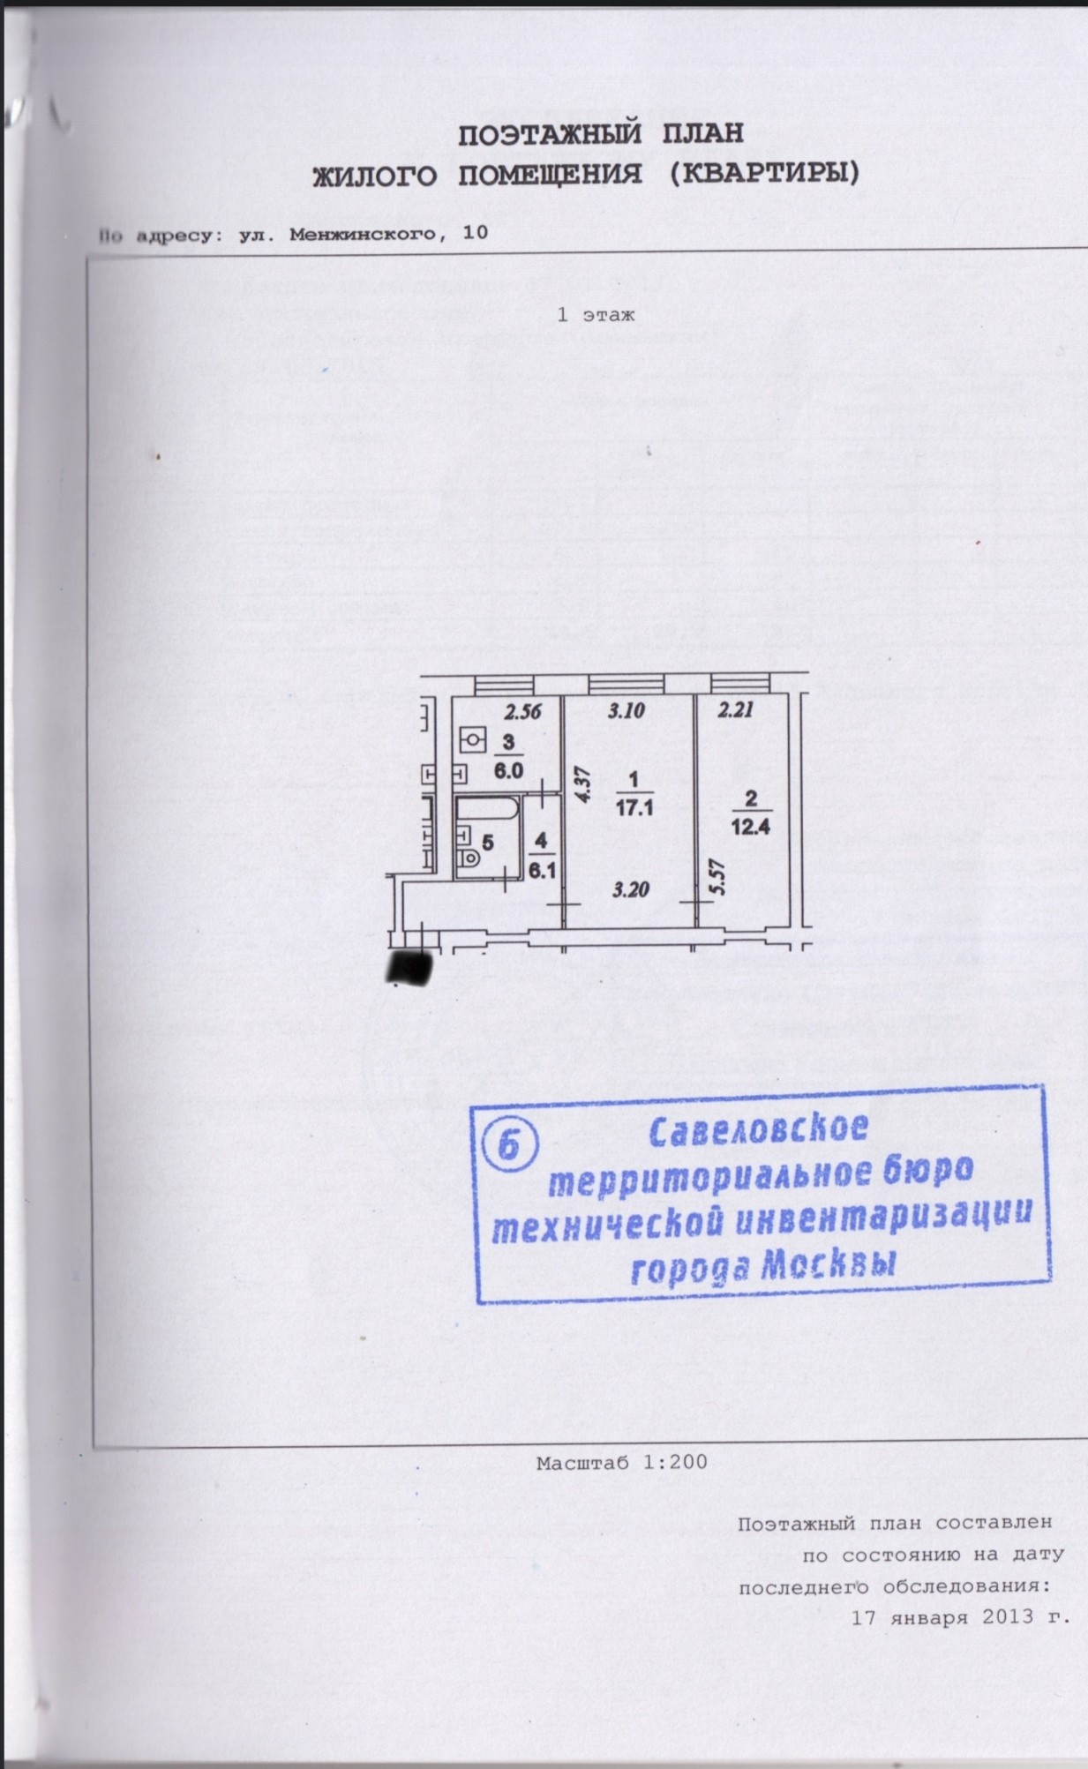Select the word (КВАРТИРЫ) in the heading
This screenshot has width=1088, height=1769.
(x=759, y=175)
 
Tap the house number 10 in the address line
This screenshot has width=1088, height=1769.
(x=474, y=234)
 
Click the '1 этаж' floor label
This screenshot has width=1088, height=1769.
(x=596, y=314)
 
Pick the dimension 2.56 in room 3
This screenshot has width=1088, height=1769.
(x=521, y=709)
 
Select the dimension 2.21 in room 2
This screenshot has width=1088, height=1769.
(x=735, y=708)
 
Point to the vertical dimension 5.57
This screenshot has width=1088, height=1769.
(x=717, y=879)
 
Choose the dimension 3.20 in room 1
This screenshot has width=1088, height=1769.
(x=630, y=888)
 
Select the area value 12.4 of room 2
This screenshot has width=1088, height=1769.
(x=752, y=827)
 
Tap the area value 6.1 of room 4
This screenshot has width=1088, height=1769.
(x=540, y=867)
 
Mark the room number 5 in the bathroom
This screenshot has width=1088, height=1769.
(x=488, y=840)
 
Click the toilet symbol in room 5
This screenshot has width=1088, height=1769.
(x=468, y=856)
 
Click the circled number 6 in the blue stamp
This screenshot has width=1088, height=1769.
(x=508, y=1145)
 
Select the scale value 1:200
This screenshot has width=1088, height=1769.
(x=675, y=1462)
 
